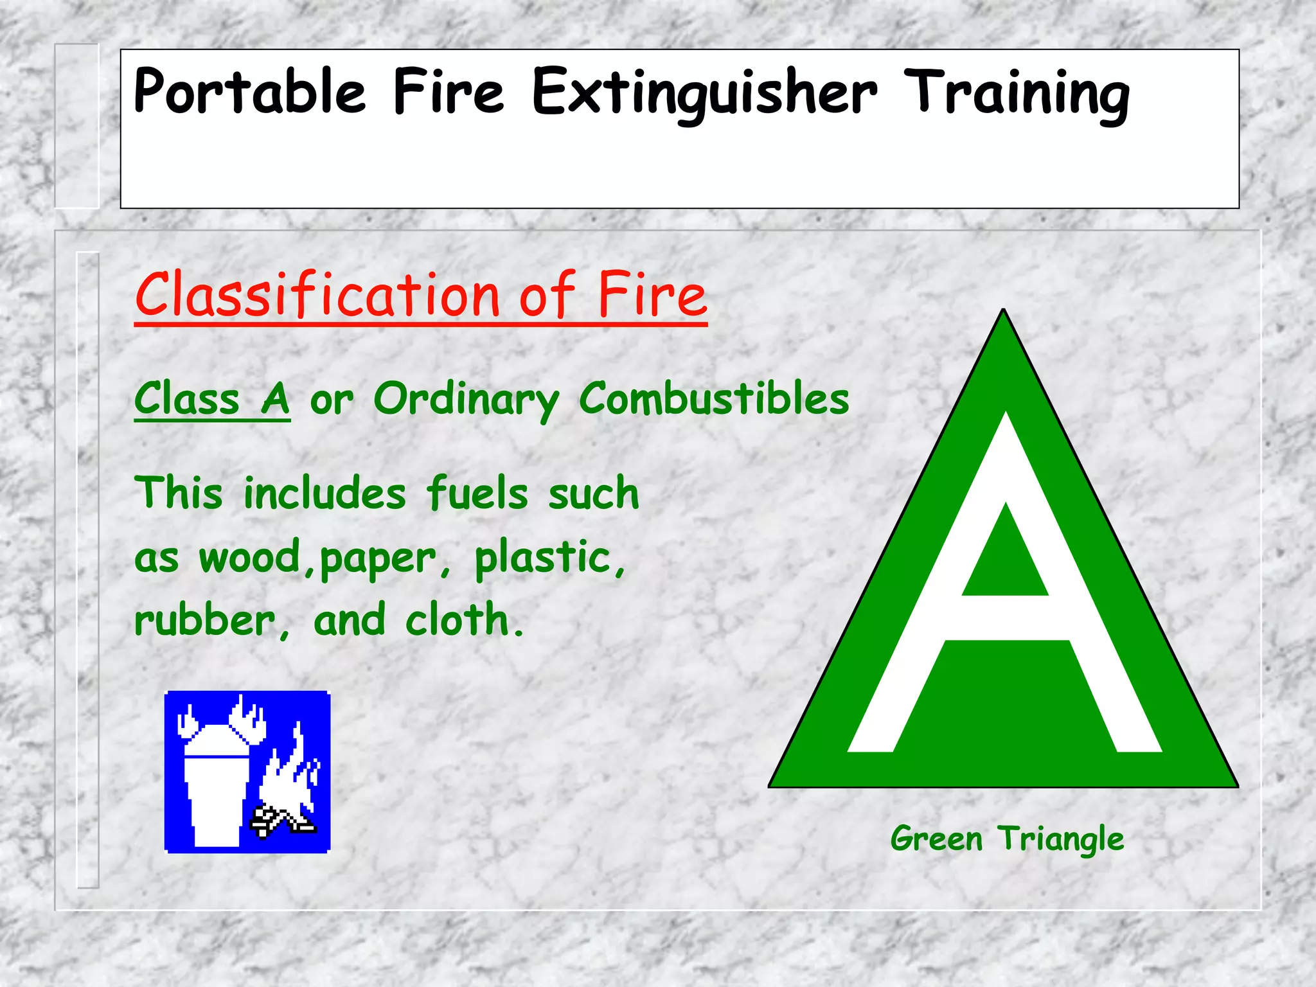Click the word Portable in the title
pos(249,92)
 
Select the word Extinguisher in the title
pos(704,93)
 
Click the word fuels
pos(477,493)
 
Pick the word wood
pos(249,556)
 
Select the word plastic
pos(542,556)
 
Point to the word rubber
pos(204,621)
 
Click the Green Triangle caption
pos(1007,839)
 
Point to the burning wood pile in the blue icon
pos(283,819)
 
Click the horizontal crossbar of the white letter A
pos(1006,618)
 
